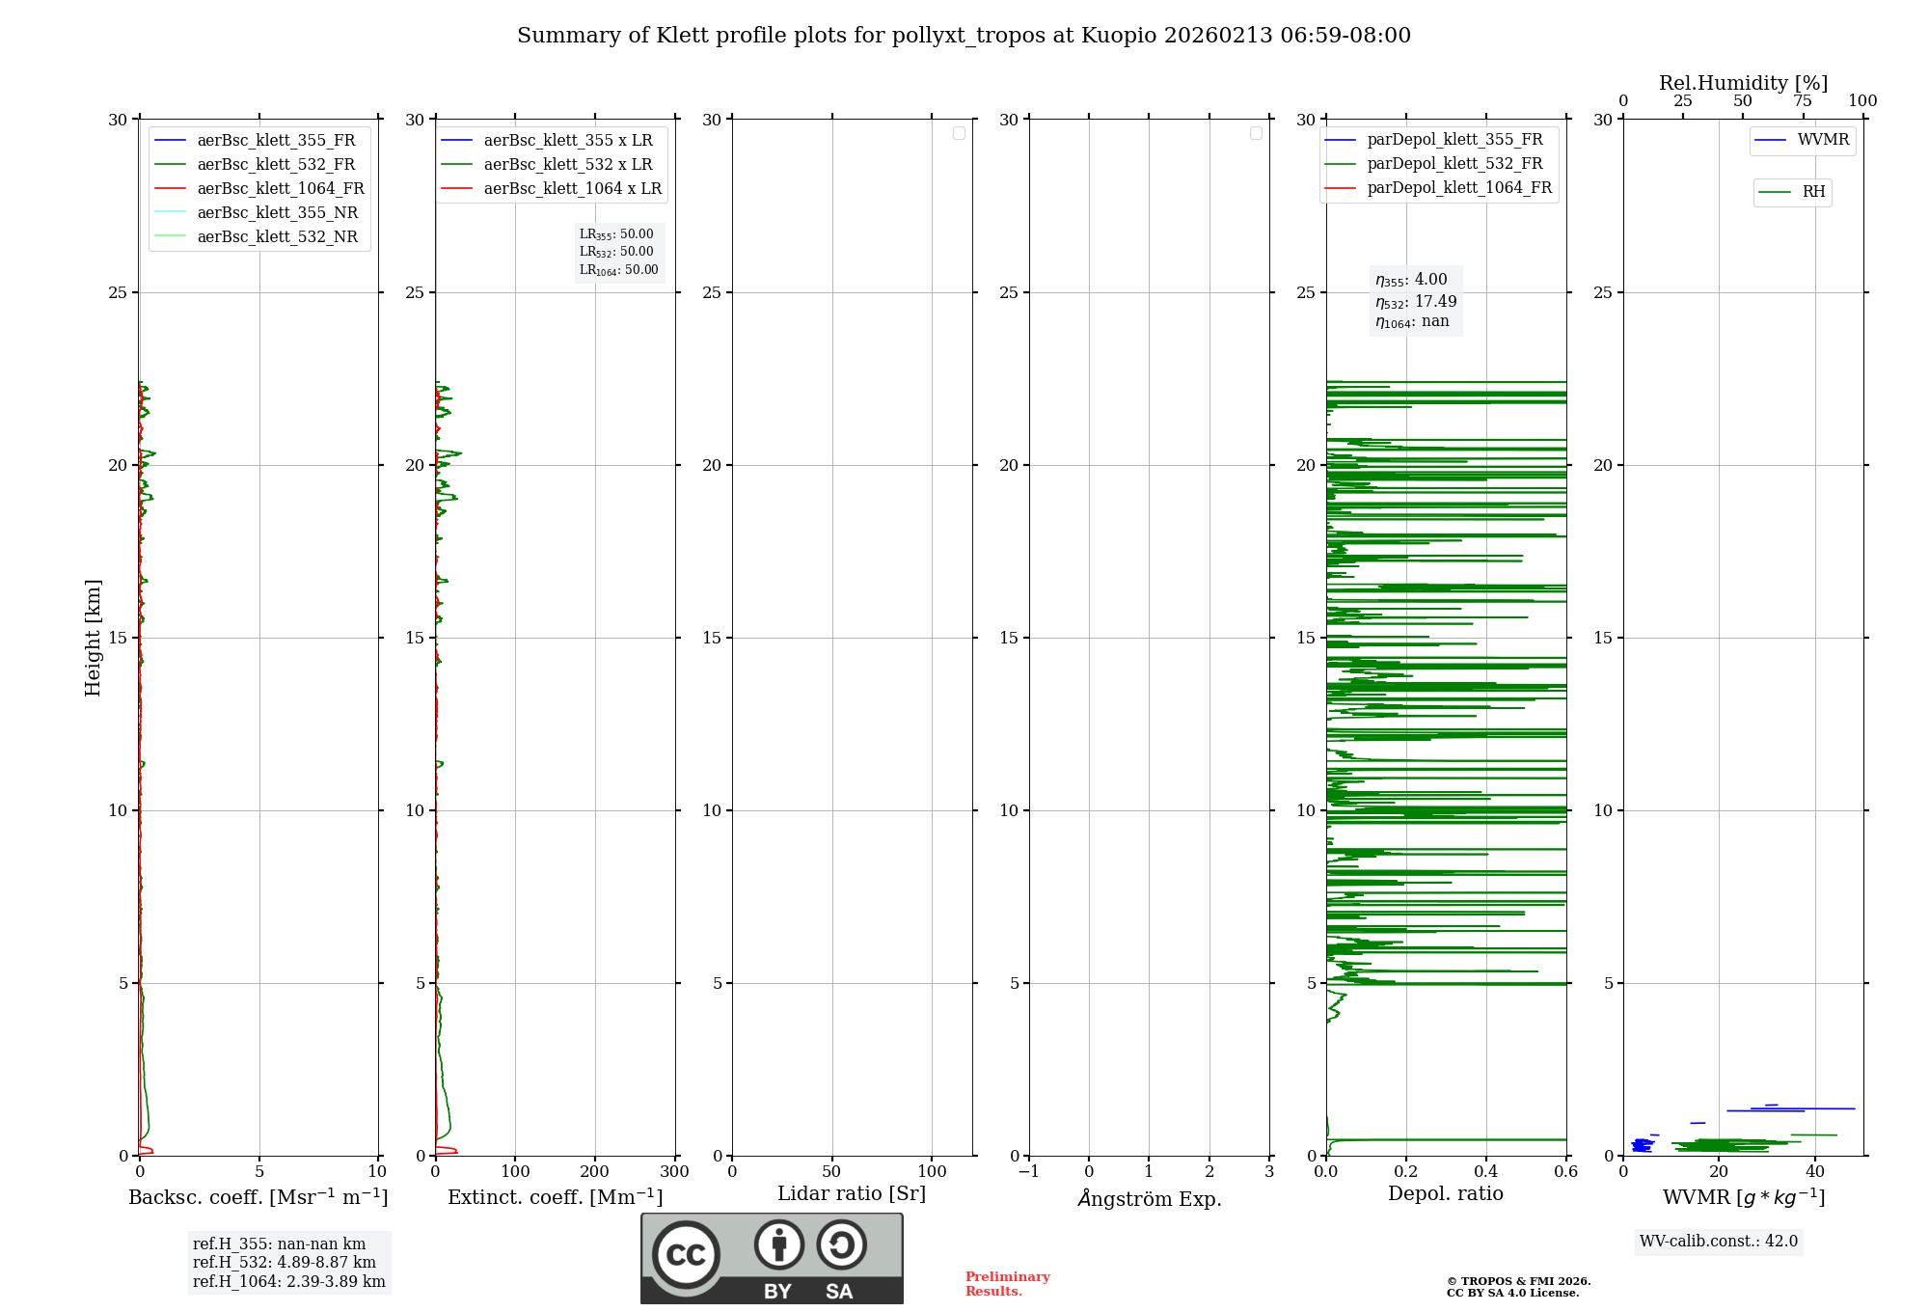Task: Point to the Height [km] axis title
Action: tap(93, 638)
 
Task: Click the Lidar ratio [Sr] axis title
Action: tap(852, 1194)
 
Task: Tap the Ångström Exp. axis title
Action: tap(1150, 1199)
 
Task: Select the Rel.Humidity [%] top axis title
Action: tap(1743, 83)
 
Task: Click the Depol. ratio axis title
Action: tap(1445, 1194)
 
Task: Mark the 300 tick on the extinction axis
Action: tap(675, 1172)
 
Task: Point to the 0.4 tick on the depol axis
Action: tap(1486, 1172)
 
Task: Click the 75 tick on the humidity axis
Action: tap(1802, 101)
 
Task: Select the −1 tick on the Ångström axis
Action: tap(1028, 1172)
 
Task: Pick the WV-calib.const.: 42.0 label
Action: tap(1719, 1242)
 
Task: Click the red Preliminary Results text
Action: tap(1007, 1284)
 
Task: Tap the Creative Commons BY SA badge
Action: tap(772, 1258)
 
